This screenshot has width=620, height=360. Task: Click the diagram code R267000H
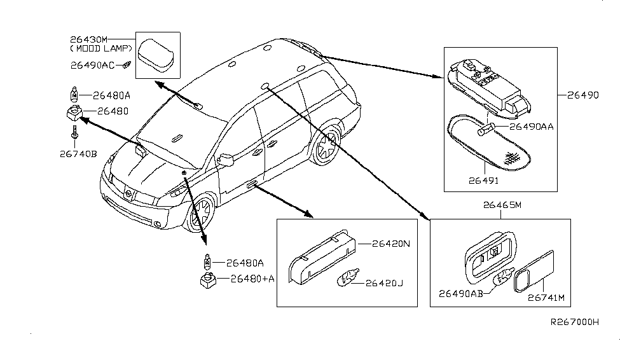tap(575, 322)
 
